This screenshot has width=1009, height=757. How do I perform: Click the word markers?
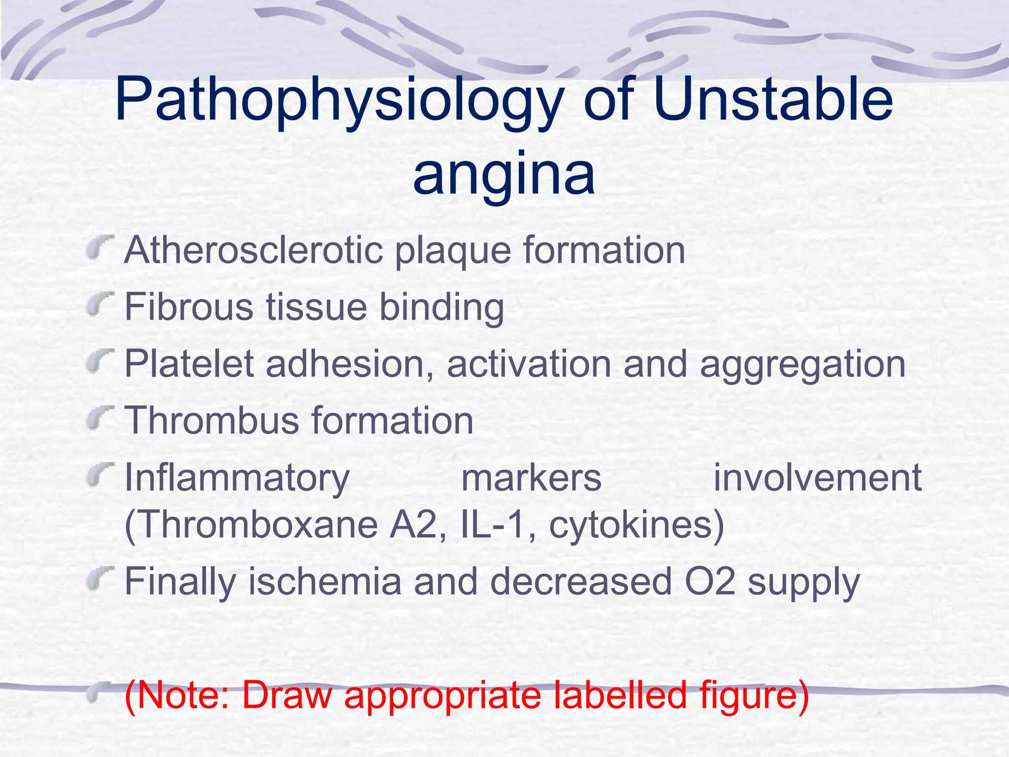pos(531,478)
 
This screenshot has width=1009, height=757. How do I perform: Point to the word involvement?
pos(817,478)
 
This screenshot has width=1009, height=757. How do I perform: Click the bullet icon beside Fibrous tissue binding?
pos(101,306)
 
